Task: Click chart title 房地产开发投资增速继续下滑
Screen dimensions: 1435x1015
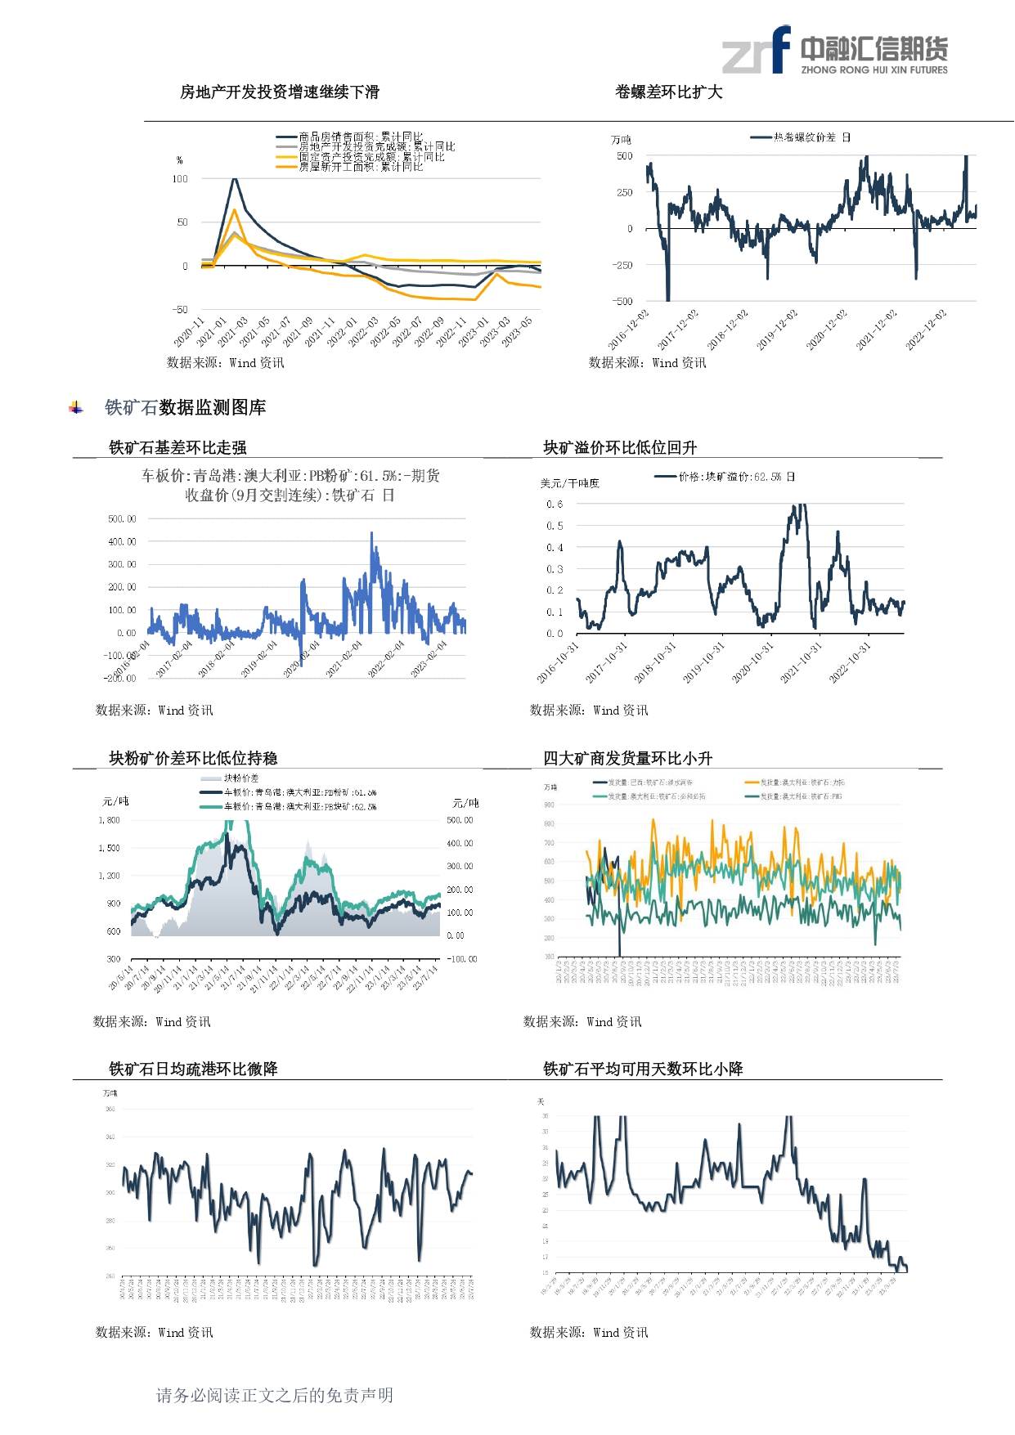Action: click(x=280, y=92)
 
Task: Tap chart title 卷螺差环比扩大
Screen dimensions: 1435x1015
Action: click(x=668, y=92)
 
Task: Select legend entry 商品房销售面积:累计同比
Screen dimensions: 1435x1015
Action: click(x=360, y=137)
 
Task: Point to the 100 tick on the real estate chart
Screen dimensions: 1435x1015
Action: click(x=180, y=179)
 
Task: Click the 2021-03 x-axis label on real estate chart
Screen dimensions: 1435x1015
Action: click(x=233, y=331)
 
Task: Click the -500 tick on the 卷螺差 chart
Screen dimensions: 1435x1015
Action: click(x=622, y=302)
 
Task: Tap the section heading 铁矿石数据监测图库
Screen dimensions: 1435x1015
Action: click(x=185, y=407)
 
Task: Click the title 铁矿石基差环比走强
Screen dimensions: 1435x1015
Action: click(x=177, y=447)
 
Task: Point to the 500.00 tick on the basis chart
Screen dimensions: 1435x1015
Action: click(x=122, y=519)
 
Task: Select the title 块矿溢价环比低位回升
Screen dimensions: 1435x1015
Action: click(x=620, y=447)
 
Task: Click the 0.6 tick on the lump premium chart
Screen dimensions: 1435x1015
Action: click(x=555, y=504)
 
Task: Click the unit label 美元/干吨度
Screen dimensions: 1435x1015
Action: click(x=569, y=483)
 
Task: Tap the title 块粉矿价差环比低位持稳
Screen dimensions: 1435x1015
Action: click(x=193, y=758)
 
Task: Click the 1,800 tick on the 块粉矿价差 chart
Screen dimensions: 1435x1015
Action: click(x=110, y=820)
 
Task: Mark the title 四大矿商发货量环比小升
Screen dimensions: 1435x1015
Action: click(x=627, y=758)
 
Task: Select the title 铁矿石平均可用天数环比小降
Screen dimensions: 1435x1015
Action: click(x=643, y=1069)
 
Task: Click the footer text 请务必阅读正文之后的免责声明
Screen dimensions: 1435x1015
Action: click(x=275, y=1396)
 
